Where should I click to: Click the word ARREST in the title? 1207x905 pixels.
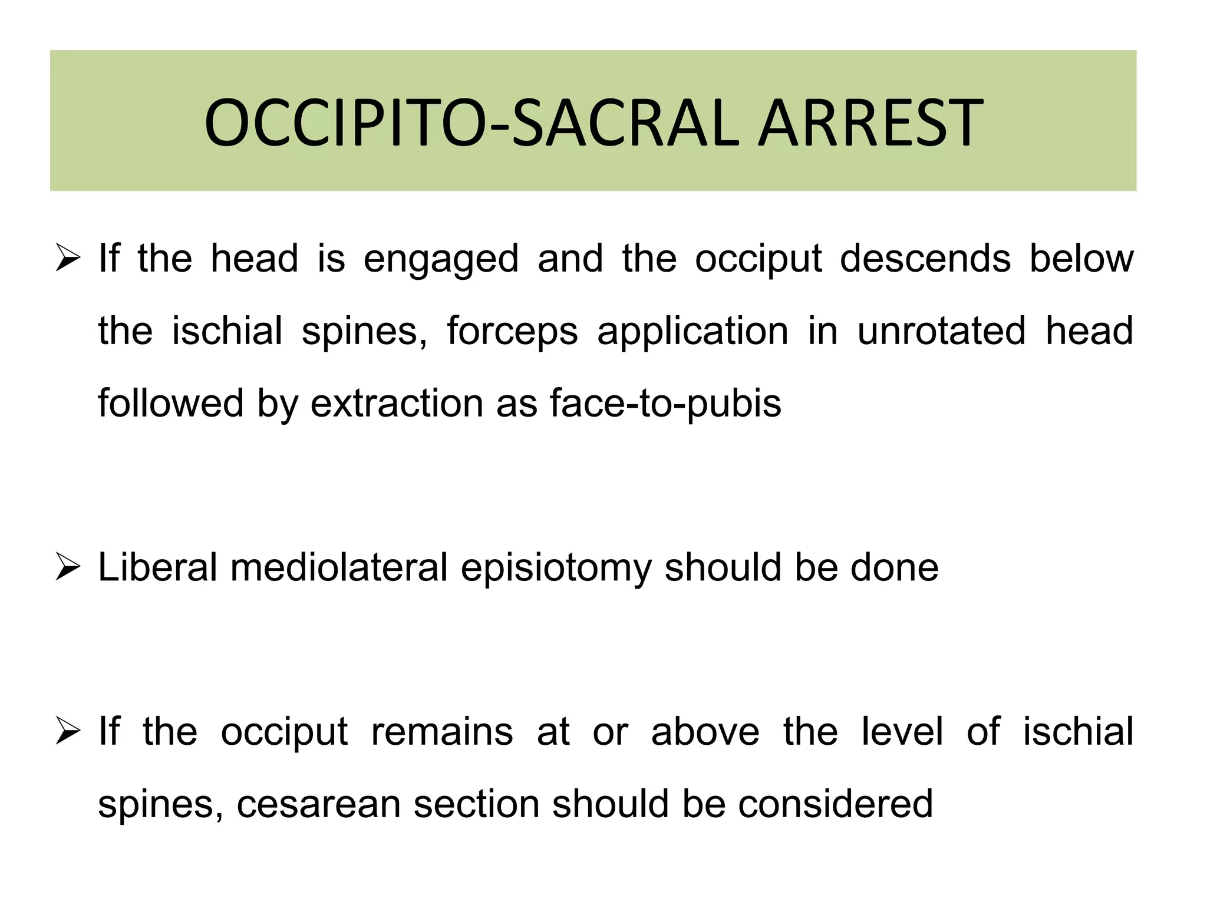tap(870, 124)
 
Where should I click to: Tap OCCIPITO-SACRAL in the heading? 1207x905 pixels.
tap(471, 124)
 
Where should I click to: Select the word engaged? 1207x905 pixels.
tap(440, 260)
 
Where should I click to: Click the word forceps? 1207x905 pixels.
tap(512, 332)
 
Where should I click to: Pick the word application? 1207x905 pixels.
tap(692, 332)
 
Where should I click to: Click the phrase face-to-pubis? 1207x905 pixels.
tap(665, 405)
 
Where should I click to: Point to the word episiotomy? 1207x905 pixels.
tap(556, 569)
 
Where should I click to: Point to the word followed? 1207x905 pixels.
tap(170, 404)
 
